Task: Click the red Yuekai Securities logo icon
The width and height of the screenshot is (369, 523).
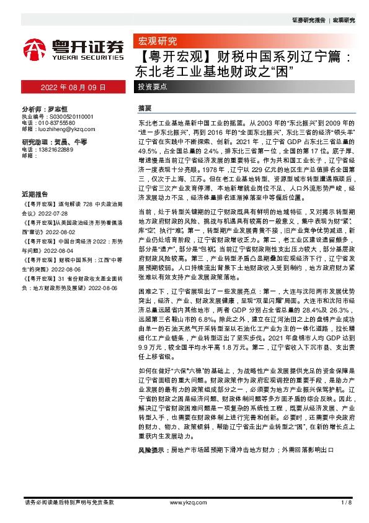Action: (34, 48)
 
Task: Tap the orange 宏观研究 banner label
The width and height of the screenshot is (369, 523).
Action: (156, 42)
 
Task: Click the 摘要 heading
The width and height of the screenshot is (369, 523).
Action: (144, 107)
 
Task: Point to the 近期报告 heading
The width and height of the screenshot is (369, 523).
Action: (33, 193)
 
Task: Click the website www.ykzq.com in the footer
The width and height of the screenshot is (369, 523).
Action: (184, 503)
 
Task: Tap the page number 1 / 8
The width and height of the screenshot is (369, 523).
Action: (346, 503)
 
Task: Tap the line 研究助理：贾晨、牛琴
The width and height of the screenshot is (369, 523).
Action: (54, 142)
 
